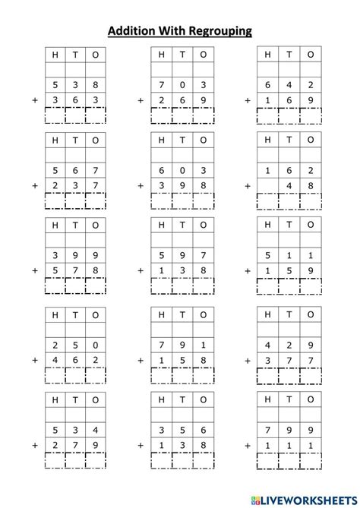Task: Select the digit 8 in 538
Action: coord(96,84)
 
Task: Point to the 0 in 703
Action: coord(182,84)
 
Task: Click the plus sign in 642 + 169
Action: coord(247,100)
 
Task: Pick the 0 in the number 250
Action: coord(96,344)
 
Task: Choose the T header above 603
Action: coord(182,140)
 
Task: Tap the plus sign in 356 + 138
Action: coord(141,444)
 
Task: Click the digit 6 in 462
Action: coord(74,359)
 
